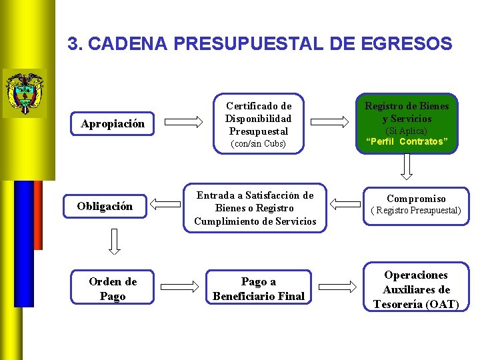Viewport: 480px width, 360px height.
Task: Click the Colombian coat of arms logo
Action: pyautogui.click(x=24, y=93)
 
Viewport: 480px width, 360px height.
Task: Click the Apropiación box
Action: pyautogui.click(x=113, y=124)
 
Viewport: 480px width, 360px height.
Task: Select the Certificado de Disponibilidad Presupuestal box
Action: pyautogui.click(x=259, y=124)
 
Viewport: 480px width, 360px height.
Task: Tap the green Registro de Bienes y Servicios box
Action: pyautogui.click(x=407, y=123)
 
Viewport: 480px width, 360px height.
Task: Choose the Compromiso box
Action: pyautogui.click(x=416, y=204)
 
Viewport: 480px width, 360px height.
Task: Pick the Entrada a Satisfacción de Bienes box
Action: pyautogui.click(x=255, y=208)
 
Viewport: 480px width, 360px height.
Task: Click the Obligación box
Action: pyautogui.click(x=105, y=206)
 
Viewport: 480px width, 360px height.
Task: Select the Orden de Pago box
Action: pyautogui.click(x=113, y=289)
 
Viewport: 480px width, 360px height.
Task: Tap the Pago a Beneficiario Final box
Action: pyautogui.click(x=259, y=289)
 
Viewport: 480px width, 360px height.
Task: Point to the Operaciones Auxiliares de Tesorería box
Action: pyautogui.click(x=416, y=289)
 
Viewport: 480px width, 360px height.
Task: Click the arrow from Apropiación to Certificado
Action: pyautogui.click(x=183, y=121)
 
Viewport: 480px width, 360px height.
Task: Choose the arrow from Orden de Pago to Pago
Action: pyautogui.click(x=184, y=287)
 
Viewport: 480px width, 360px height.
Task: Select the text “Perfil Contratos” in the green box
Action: pyautogui.click(x=407, y=141)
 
